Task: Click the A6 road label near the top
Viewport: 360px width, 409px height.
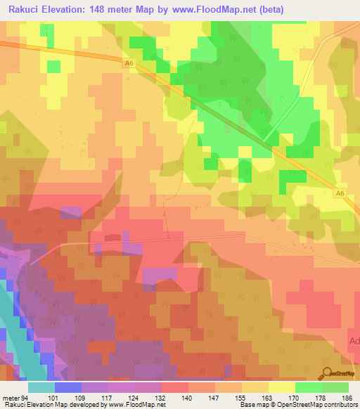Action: [x=129, y=63]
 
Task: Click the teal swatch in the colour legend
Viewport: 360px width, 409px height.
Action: [x=41, y=387]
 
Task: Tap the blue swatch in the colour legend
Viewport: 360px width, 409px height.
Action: [x=68, y=387]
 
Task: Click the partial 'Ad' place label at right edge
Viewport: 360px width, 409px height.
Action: [x=354, y=341]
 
